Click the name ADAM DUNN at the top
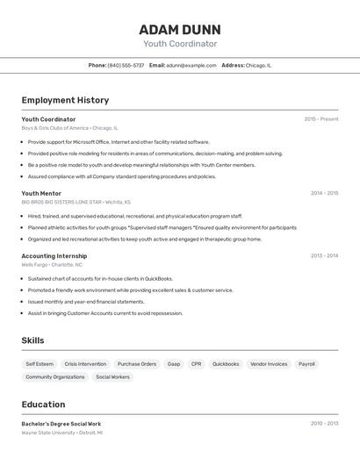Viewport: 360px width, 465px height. click(x=180, y=29)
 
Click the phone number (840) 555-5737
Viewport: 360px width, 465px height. click(x=126, y=65)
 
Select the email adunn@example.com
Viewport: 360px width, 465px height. click(x=191, y=65)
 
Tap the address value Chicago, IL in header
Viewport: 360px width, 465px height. click(x=258, y=65)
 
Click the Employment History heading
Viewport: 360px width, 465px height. click(x=65, y=100)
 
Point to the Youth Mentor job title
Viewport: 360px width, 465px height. click(x=41, y=193)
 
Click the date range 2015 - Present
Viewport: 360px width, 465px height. click(x=321, y=119)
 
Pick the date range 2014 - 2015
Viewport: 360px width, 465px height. click(x=324, y=193)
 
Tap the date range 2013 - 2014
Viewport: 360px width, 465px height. click(x=324, y=256)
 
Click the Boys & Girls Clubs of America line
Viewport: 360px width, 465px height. click(x=69, y=128)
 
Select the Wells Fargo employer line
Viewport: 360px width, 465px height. click(x=52, y=264)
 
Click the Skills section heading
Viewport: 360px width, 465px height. click(x=32, y=340)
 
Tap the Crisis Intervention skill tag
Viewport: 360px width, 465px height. click(x=85, y=363)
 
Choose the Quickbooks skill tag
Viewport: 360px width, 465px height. click(x=226, y=363)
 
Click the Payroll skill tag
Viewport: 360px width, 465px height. click(x=306, y=363)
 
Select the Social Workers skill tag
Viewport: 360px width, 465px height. click(x=112, y=376)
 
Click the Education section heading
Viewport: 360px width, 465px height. click(x=43, y=404)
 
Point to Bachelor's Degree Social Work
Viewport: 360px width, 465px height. click(x=61, y=424)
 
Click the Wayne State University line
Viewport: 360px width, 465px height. click(x=61, y=433)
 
